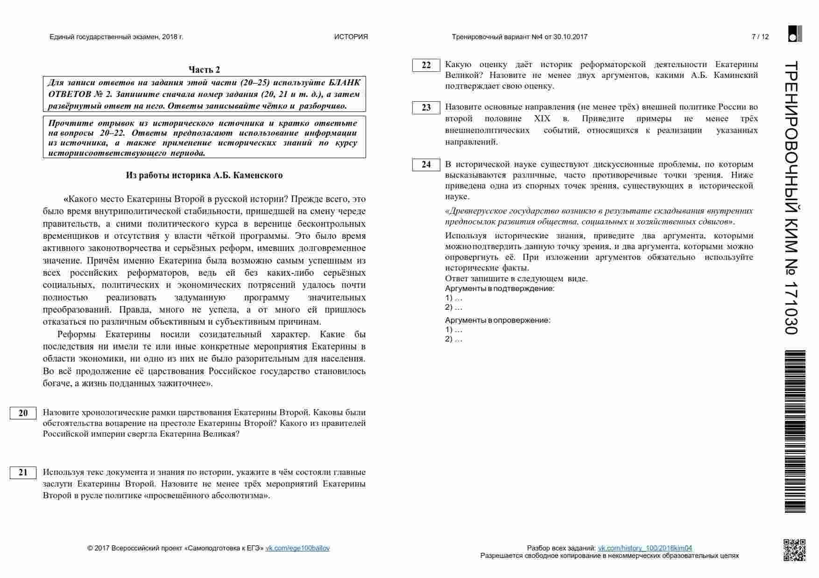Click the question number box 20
coord(23,413)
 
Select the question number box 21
coord(23,473)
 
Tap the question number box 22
coord(426,65)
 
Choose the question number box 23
coord(426,108)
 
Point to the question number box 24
coord(426,165)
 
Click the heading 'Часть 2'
coord(204,70)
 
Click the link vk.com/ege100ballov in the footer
coord(297,548)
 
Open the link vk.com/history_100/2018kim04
coord(645,548)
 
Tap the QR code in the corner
coord(794,550)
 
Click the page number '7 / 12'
coord(760,37)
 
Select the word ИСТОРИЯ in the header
coord(351,37)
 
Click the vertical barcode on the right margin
coord(795,432)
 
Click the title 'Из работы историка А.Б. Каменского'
coord(204,175)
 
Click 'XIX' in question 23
coord(542,118)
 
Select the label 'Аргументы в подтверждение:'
coord(499,288)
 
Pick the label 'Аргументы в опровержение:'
coord(497,320)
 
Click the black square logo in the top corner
coord(795,34)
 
